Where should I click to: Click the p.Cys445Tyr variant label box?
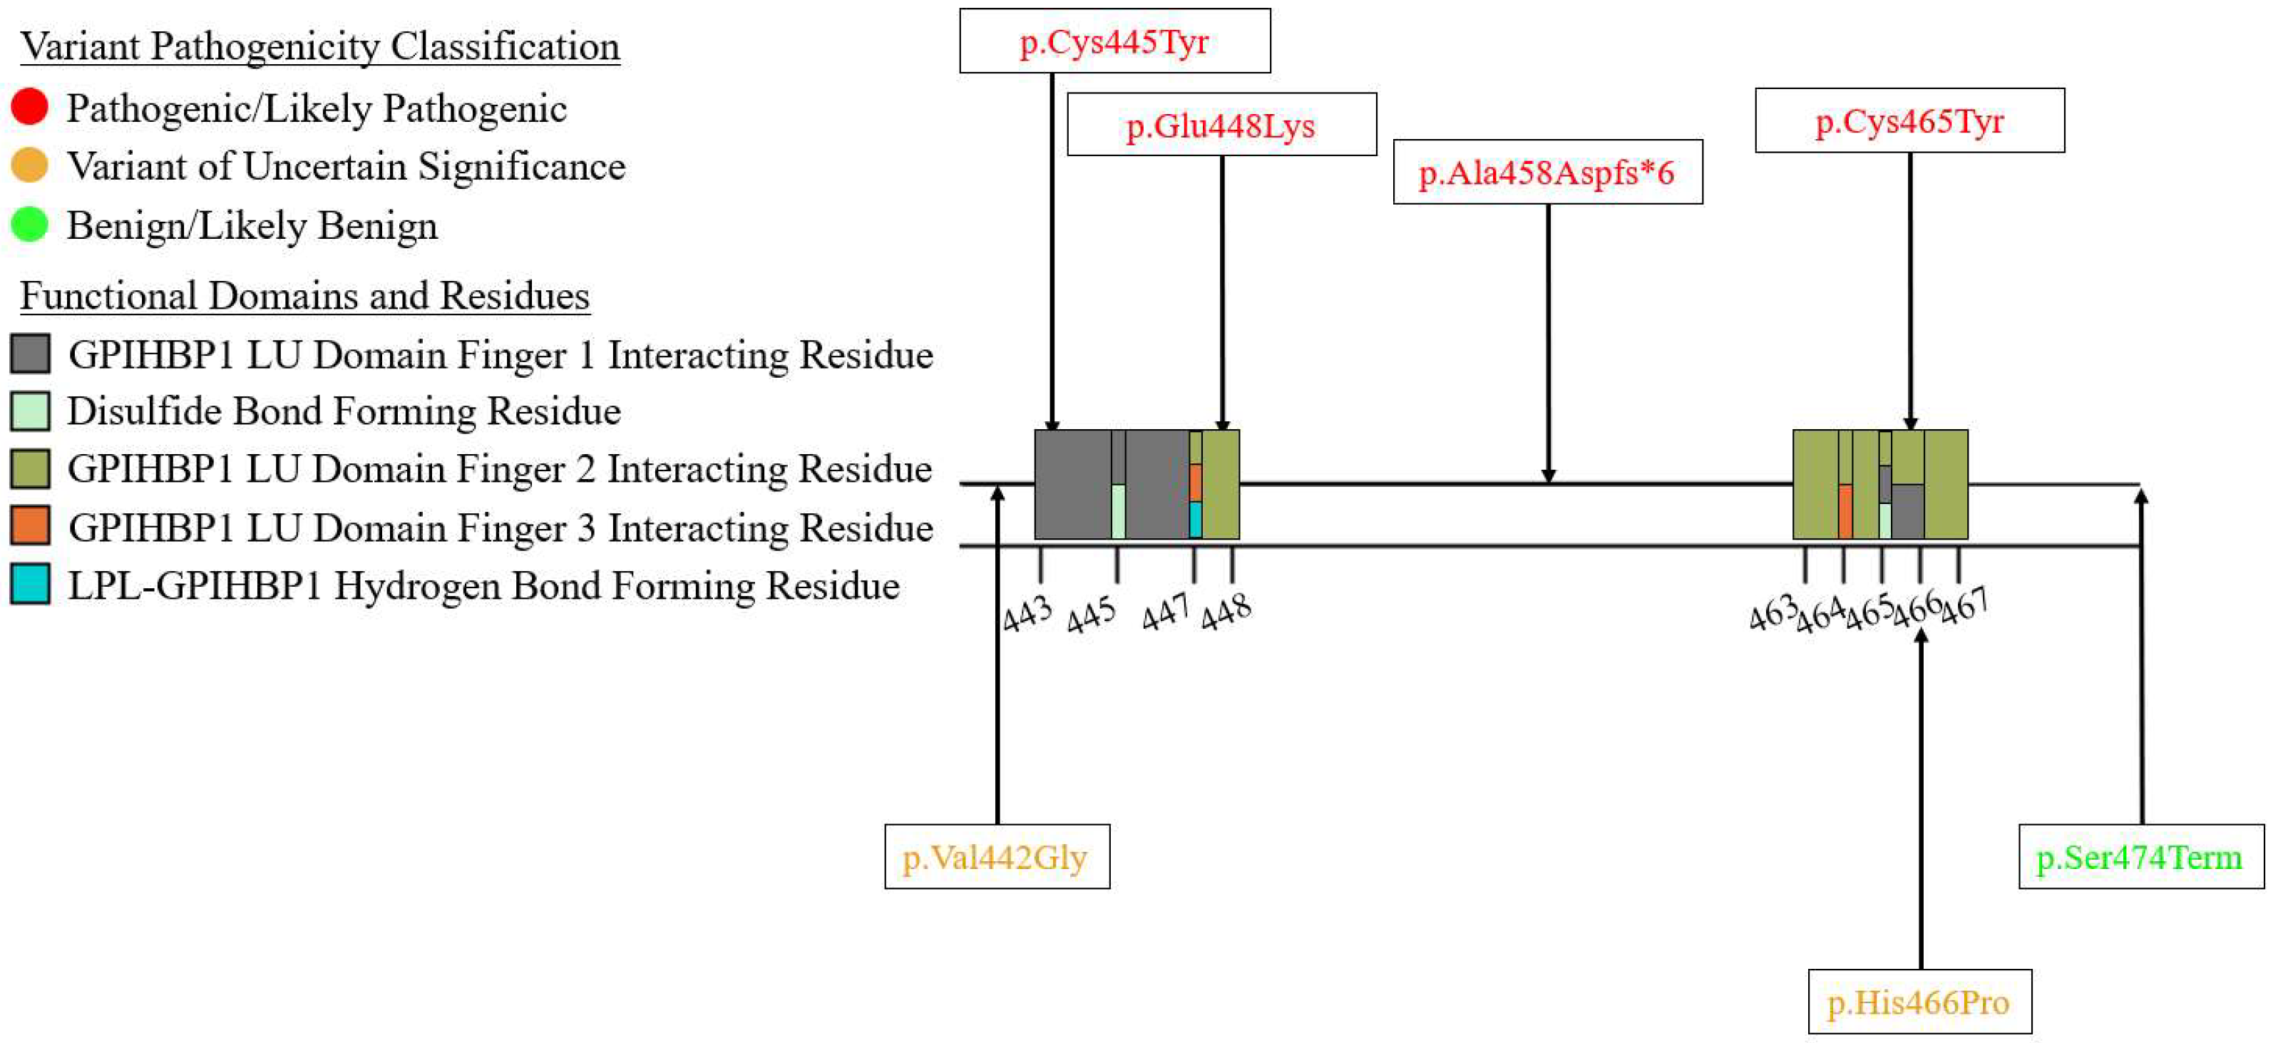tap(1114, 41)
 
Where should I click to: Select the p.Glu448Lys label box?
tap(1221, 125)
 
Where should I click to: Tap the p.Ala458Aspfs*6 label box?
tap(1546, 172)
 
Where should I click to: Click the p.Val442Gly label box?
tap(996, 857)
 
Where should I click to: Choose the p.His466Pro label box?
tap(1919, 1002)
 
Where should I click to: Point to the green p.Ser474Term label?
tap(2140, 857)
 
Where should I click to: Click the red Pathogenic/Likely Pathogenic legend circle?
tap(29, 107)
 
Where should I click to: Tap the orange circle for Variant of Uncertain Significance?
tap(29, 165)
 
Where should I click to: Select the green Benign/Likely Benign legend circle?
tap(29, 224)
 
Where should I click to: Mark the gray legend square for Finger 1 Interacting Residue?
tap(30, 353)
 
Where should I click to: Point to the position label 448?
tap(1226, 612)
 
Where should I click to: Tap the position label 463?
tap(1772, 612)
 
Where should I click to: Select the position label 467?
tap(1965, 607)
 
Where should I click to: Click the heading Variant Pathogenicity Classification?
tap(319, 46)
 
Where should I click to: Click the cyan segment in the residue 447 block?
tap(1195, 520)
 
